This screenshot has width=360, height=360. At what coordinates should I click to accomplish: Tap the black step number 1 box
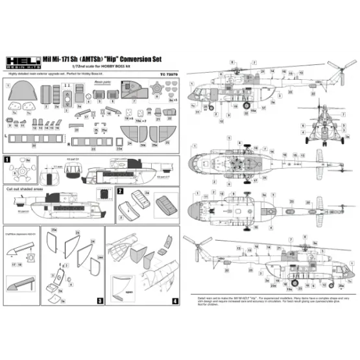point(7,159)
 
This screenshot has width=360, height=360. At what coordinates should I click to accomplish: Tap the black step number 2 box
point(121,191)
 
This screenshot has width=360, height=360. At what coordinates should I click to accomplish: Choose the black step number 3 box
point(100,301)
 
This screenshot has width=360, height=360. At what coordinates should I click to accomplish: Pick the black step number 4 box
point(175,301)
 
